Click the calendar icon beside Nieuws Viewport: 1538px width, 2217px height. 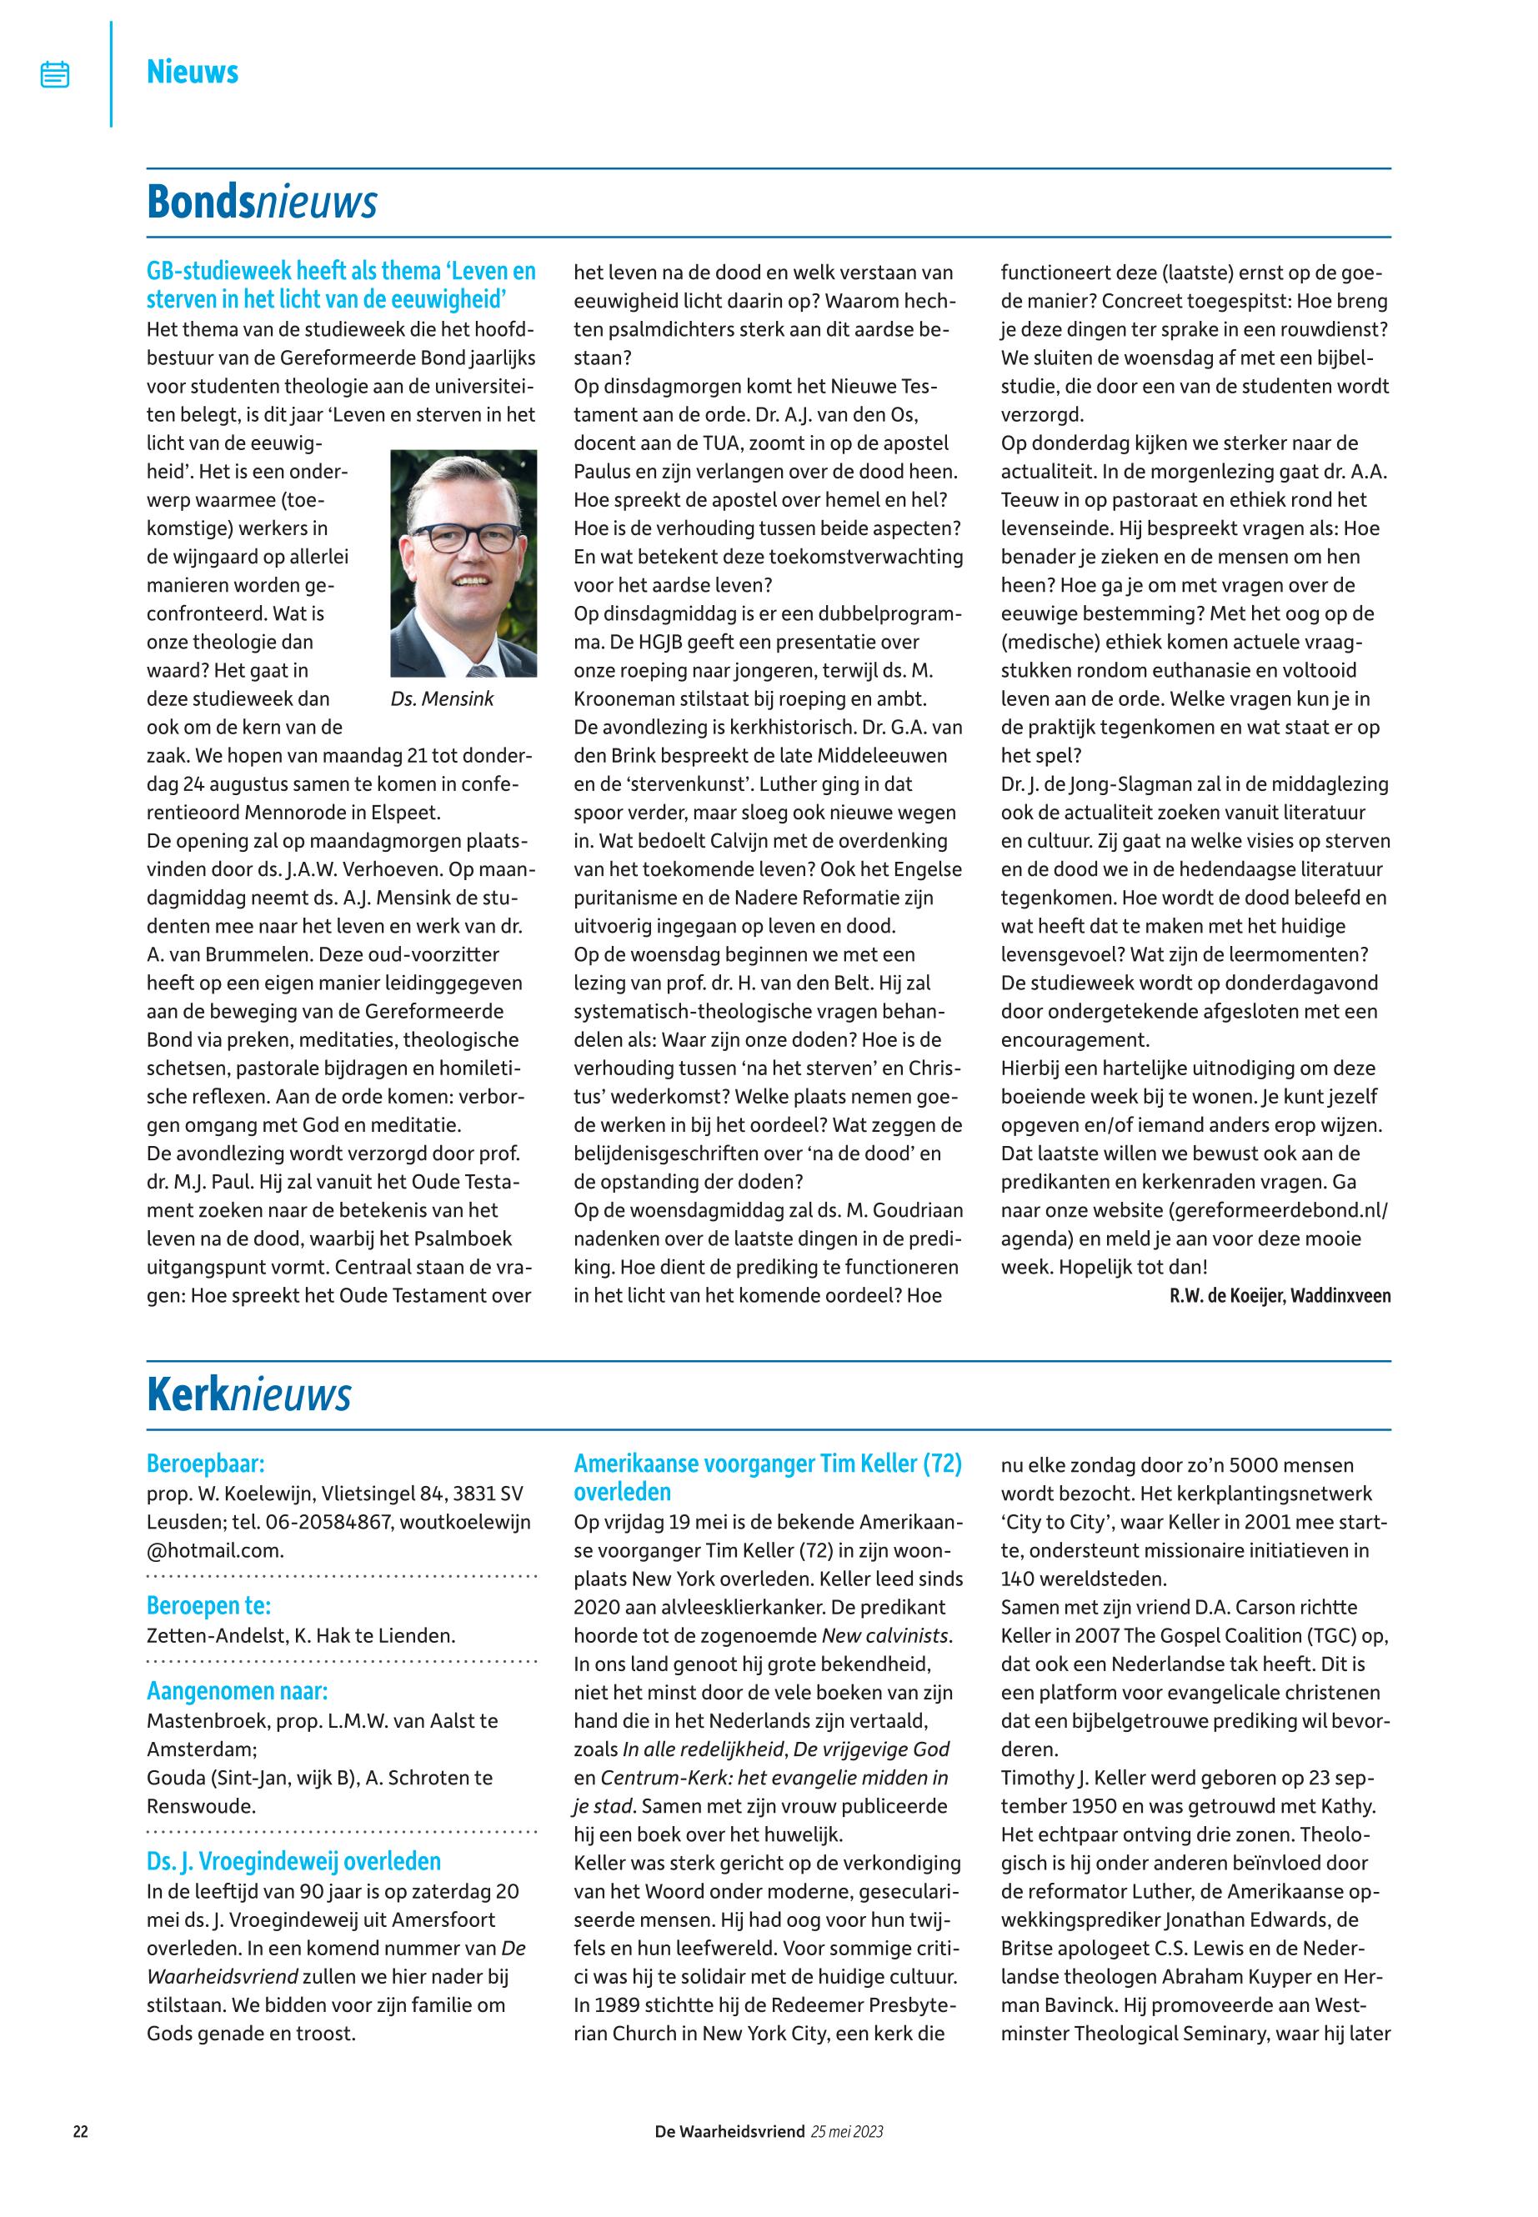tap(55, 74)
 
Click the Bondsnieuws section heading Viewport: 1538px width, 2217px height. tap(261, 203)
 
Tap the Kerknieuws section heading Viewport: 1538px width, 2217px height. tap(248, 1395)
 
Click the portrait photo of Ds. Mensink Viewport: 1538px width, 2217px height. tap(463, 563)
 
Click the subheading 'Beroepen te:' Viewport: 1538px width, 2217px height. tap(208, 1606)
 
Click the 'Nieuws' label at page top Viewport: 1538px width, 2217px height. tap(192, 73)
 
